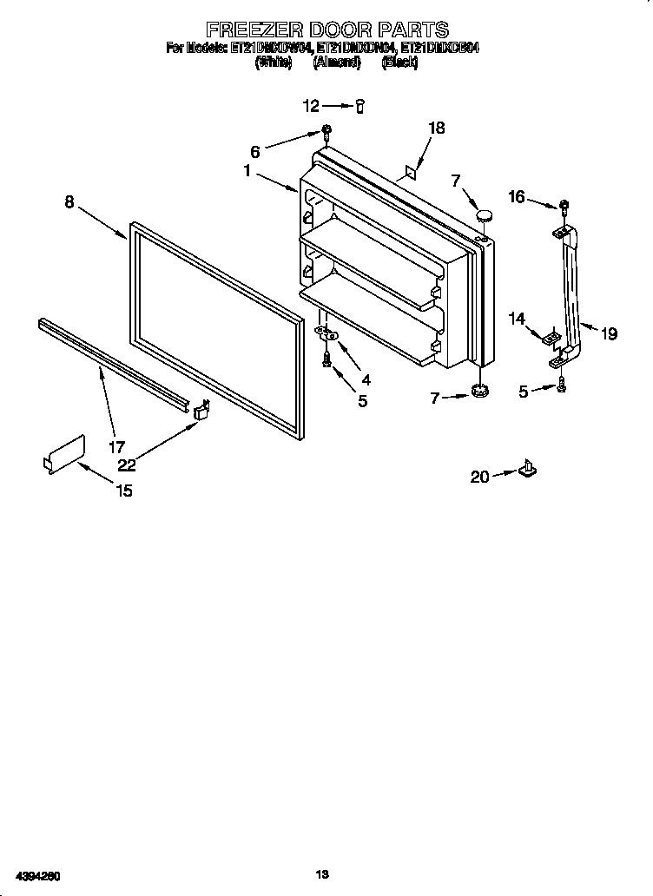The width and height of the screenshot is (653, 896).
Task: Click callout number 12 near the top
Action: pyautogui.click(x=311, y=106)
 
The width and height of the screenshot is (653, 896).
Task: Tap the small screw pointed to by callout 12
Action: pyautogui.click(x=359, y=106)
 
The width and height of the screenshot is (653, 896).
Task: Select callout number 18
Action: pyautogui.click(x=436, y=128)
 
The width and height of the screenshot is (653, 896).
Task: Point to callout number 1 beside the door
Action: pyautogui.click(x=247, y=172)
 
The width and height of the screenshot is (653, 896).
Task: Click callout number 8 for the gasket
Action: pyautogui.click(x=69, y=202)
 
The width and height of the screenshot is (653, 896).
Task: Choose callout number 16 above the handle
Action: pyautogui.click(x=517, y=198)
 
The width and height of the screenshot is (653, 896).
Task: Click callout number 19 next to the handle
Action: pyautogui.click(x=609, y=333)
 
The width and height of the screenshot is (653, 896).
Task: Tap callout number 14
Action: pyautogui.click(x=518, y=319)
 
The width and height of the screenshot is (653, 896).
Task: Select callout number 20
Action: pyautogui.click(x=479, y=477)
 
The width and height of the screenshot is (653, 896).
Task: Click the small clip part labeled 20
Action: pyautogui.click(x=526, y=470)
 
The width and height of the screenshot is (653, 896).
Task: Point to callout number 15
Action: pyautogui.click(x=124, y=491)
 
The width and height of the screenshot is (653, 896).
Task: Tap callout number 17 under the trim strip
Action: pyautogui.click(x=115, y=447)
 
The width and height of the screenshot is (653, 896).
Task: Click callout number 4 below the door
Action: pyautogui.click(x=366, y=380)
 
